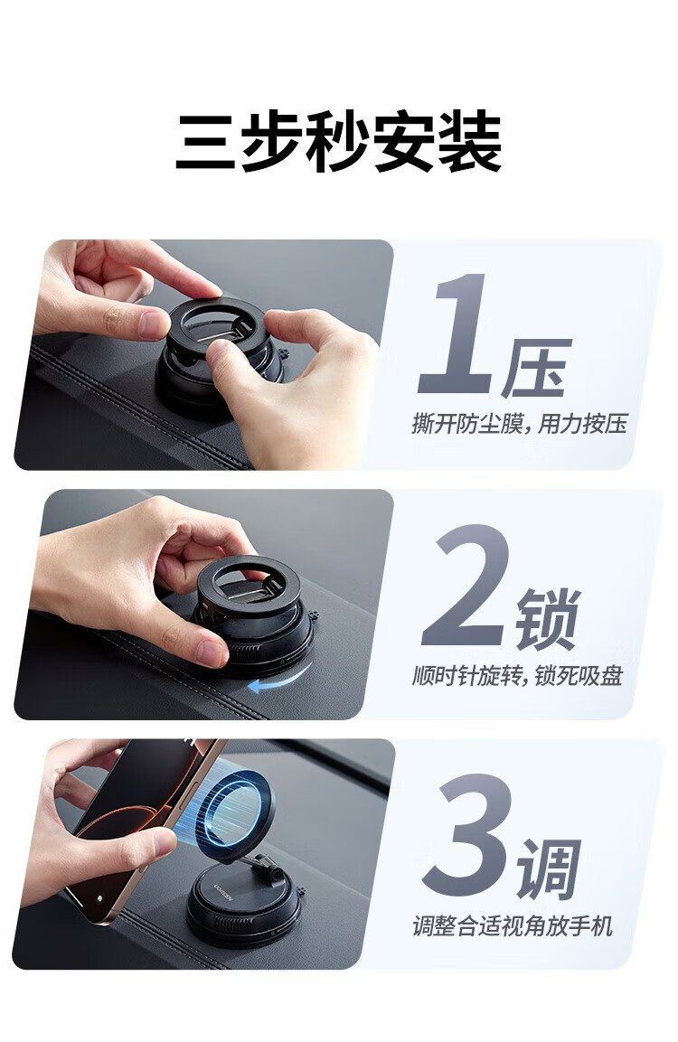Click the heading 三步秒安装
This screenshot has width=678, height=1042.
(339, 143)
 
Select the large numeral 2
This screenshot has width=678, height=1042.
(466, 585)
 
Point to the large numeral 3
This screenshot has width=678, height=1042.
(467, 835)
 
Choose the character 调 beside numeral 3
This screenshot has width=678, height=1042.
(550, 868)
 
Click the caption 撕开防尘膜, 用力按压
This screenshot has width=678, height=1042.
(520, 423)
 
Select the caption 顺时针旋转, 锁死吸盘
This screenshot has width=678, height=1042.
(518, 676)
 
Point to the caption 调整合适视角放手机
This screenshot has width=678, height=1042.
(513, 925)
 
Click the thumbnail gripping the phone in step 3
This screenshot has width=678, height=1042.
(165, 842)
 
